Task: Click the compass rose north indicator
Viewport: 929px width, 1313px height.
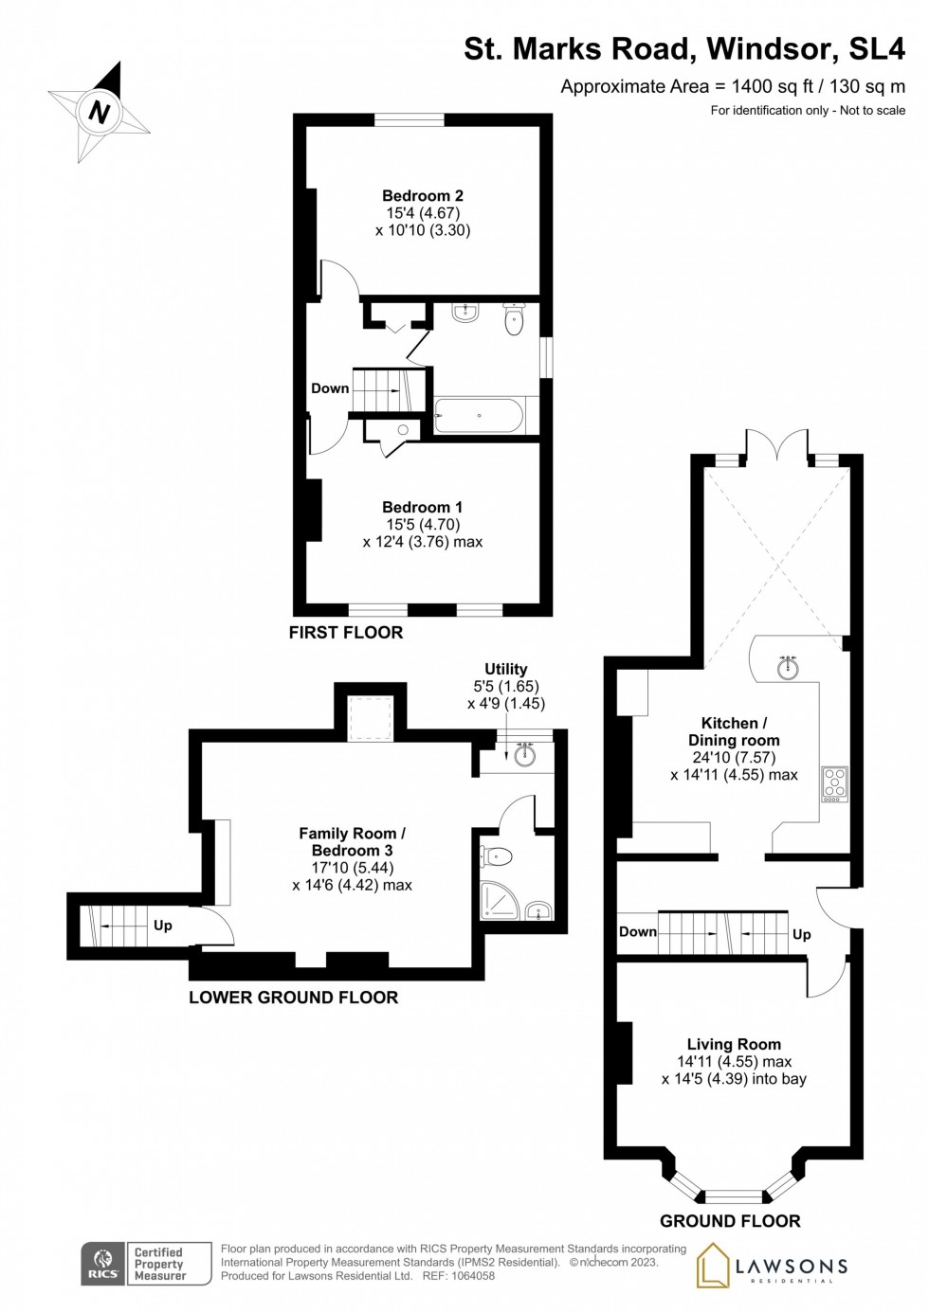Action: pyautogui.click(x=100, y=112)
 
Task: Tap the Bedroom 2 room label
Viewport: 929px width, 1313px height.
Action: pyautogui.click(x=423, y=196)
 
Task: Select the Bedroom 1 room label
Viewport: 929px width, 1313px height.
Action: pyautogui.click(x=423, y=508)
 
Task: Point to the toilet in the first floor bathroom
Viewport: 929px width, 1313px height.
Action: pyautogui.click(x=514, y=320)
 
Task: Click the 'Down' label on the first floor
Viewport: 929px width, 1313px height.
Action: pyautogui.click(x=330, y=388)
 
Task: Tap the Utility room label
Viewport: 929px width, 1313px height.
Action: pyautogui.click(x=505, y=669)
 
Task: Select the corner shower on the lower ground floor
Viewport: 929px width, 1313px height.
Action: pyautogui.click(x=499, y=902)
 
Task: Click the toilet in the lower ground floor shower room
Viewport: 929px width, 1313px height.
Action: pyautogui.click(x=496, y=857)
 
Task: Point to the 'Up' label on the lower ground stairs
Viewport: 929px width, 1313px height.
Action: pyautogui.click(x=163, y=926)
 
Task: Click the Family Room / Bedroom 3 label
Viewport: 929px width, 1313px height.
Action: pyautogui.click(x=352, y=842)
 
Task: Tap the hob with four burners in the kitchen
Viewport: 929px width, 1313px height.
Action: pyautogui.click(x=835, y=783)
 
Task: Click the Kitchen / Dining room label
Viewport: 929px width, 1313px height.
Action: pyautogui.click(x=734, y=731)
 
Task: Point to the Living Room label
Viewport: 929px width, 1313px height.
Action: pyautogui.click(x=734, y=1044)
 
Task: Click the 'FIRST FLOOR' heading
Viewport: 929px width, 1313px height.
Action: pyautogui.click(x=346, y=633)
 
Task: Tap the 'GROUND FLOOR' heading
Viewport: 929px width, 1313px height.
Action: pyautogui.click(x=730, y=1221)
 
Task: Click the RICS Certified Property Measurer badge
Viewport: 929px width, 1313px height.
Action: pyautogui.click(x=146, y=1264)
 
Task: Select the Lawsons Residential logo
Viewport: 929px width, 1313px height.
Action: pyautogui.click(x=773, y=1266)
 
